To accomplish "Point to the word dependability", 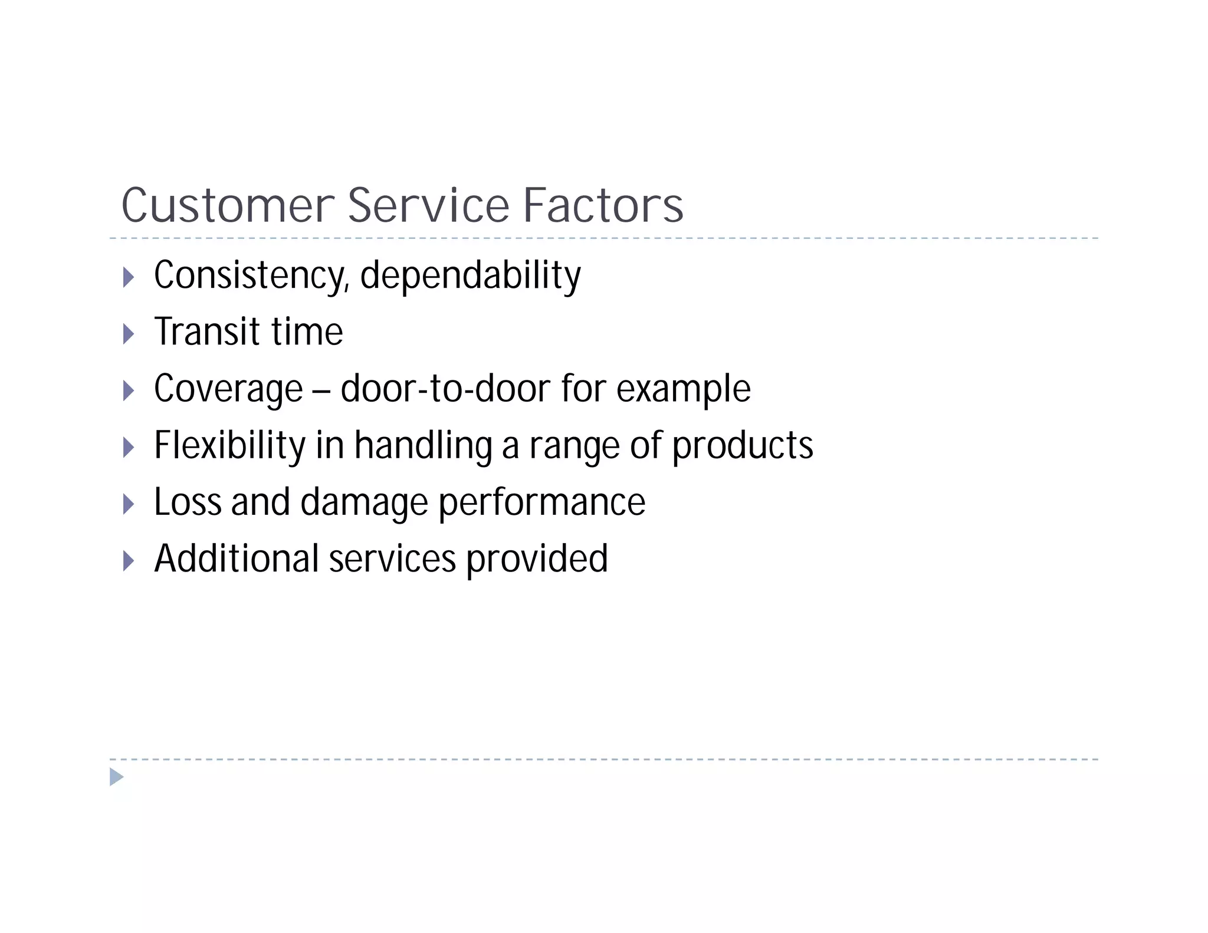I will coord(470,275).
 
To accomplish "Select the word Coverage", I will coord(228,389).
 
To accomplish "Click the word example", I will coord(683,390).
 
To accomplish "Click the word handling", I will coord(423,445).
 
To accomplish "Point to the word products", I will coord(743,446).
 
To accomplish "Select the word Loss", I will coord(188,502).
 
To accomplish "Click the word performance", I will coord(542,503).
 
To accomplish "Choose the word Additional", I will coord(237,559).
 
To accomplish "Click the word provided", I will coord(537,559).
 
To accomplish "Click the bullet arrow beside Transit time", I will coord(129,334).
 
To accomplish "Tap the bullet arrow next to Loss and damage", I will coord(129,504).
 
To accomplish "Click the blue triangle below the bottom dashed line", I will coord(116,777).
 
